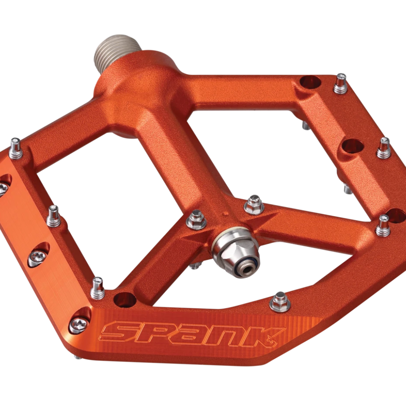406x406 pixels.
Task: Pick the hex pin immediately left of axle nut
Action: tap(196, 220)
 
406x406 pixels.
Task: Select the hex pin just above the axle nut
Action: tap(254, 206)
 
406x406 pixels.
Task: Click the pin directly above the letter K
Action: tap(280, 301)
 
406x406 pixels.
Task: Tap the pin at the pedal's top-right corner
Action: tap(340, 84)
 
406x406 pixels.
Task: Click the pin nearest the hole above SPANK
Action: tap(97, 288)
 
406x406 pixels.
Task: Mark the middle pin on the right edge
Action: tap(384, 148)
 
